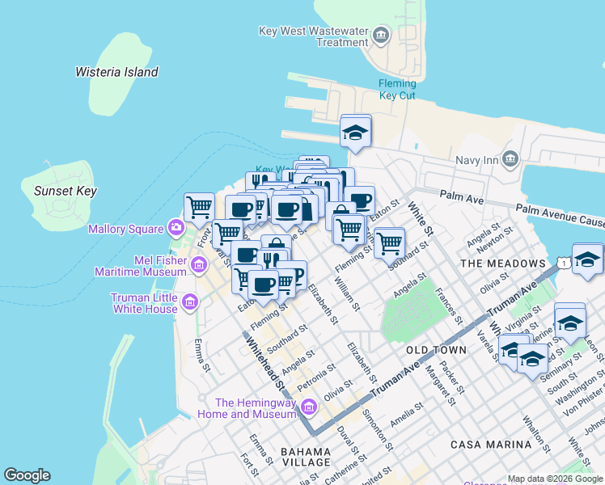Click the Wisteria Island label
[x=116, y=72]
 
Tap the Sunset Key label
[x=66, y=192]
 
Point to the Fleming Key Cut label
[x=397, y=89]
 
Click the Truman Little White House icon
[x=190, y=303]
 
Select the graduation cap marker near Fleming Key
[x=355, y=132]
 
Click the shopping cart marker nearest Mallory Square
[x=199, y=207]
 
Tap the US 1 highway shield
[x=562, y=263]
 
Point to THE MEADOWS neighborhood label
[x=502, y=264]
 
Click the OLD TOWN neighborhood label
[x=436, y=350]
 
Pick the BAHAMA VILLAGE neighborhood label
[x=306, y=457]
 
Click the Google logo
[x=27, y=475]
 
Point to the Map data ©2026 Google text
[x=555, y=479]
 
